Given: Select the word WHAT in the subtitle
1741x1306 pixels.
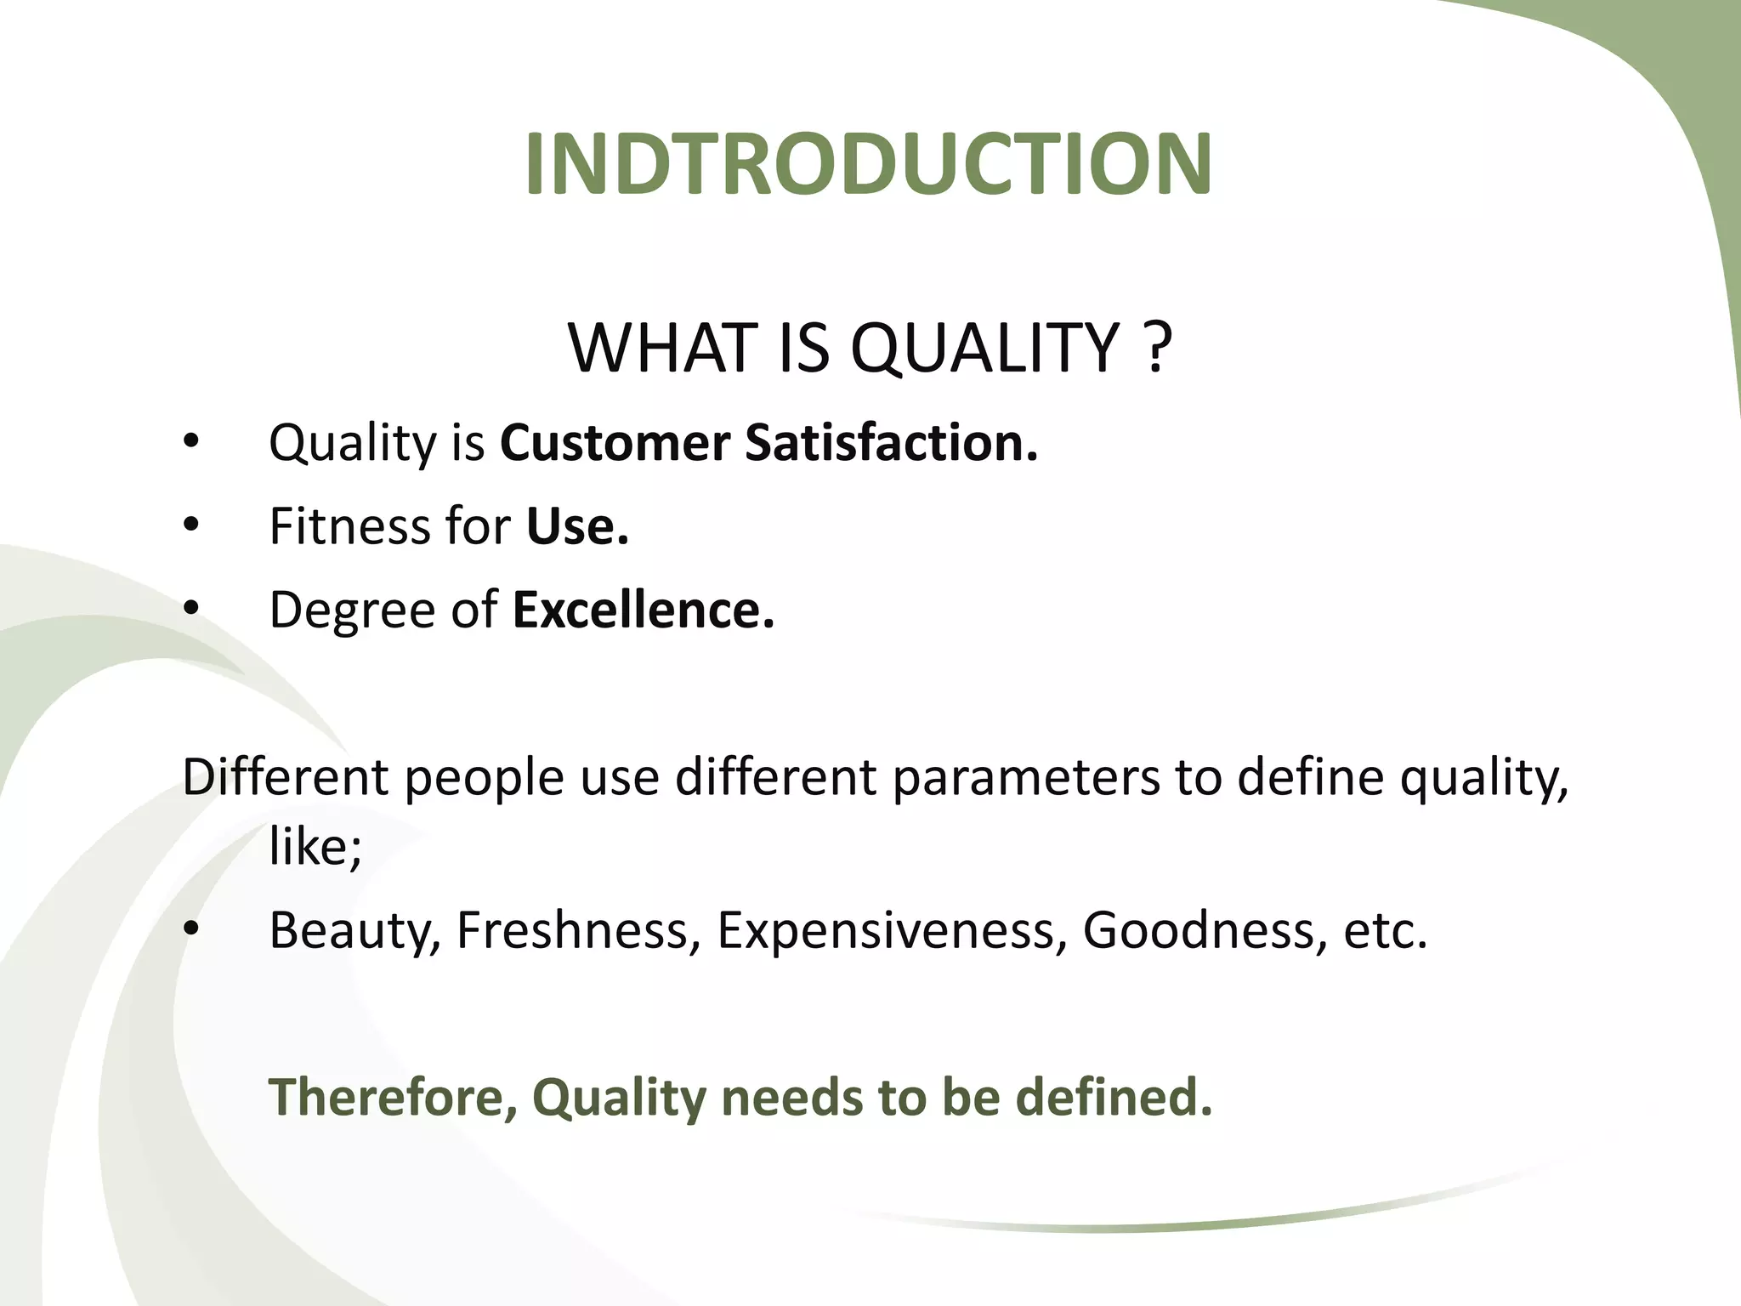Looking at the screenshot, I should coord(662,348).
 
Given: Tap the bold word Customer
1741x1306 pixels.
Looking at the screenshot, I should coord(615,443).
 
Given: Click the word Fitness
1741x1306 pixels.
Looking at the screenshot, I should coord(349,526).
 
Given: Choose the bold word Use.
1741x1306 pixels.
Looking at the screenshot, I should coord(577,526).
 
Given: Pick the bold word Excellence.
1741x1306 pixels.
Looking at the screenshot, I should coord(643,610).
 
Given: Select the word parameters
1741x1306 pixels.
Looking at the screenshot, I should coord(1025,778).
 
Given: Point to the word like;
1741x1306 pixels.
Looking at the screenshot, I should coord(315,847).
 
